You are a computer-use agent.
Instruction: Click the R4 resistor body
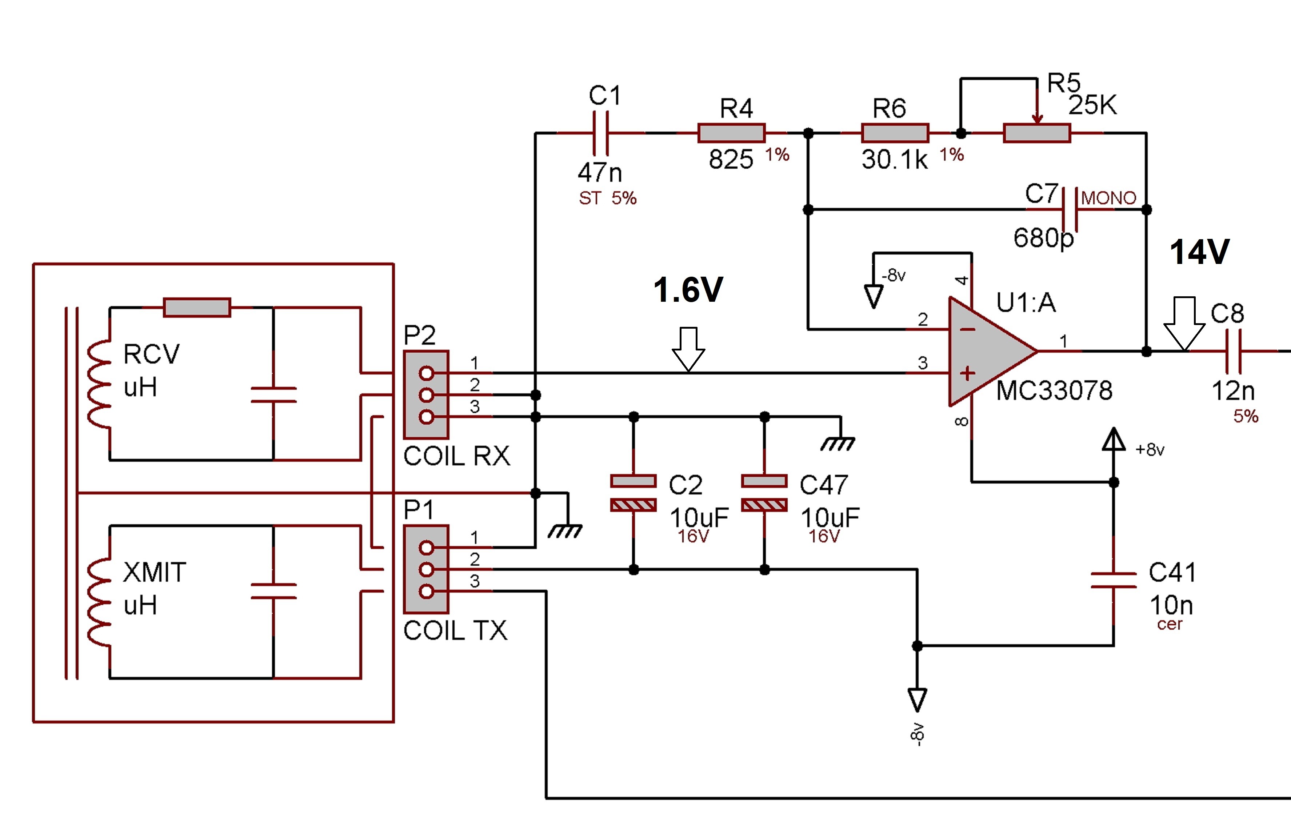pyautogui.click(x=731, y=133)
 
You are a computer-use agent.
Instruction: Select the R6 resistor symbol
pyautogui.click(x=895, y=133)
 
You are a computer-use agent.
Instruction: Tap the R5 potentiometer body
pyautogui.click(x=1036, y=133)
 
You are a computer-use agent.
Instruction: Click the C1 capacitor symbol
pyautogui.click(x=600, y=133)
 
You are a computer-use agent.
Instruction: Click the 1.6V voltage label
pyautogui.click(x=688, y=290)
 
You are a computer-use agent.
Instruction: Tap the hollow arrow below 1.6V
pyautogui.click(x=688, y=349)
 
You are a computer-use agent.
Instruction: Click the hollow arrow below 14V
pyautogui.click(x=1184, y=323)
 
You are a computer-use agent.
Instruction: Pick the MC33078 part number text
pyautogui.click(x=1054, y=390)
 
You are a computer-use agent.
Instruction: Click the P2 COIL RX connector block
pyautogui.click(x=426, y=395)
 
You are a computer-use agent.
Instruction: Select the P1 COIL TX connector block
pyautogui.click(x=426, y=569)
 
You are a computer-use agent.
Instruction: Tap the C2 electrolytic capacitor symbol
pyautogui.click(x=633, y=493)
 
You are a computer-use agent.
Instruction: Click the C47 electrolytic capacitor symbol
pyautogui.click(x=764, y=493)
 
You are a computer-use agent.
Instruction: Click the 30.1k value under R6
pyautogui.click(x=895, y=160)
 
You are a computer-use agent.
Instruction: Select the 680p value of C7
pyautogui.click(x=1043, y=238)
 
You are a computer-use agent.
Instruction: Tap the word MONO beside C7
pyautogui.click(x=1108, y=198)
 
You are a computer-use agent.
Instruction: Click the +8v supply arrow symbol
pyautogui.click(x=1114, y=440)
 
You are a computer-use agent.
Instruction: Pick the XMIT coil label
pyautogui.click(x=155, y=573)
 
